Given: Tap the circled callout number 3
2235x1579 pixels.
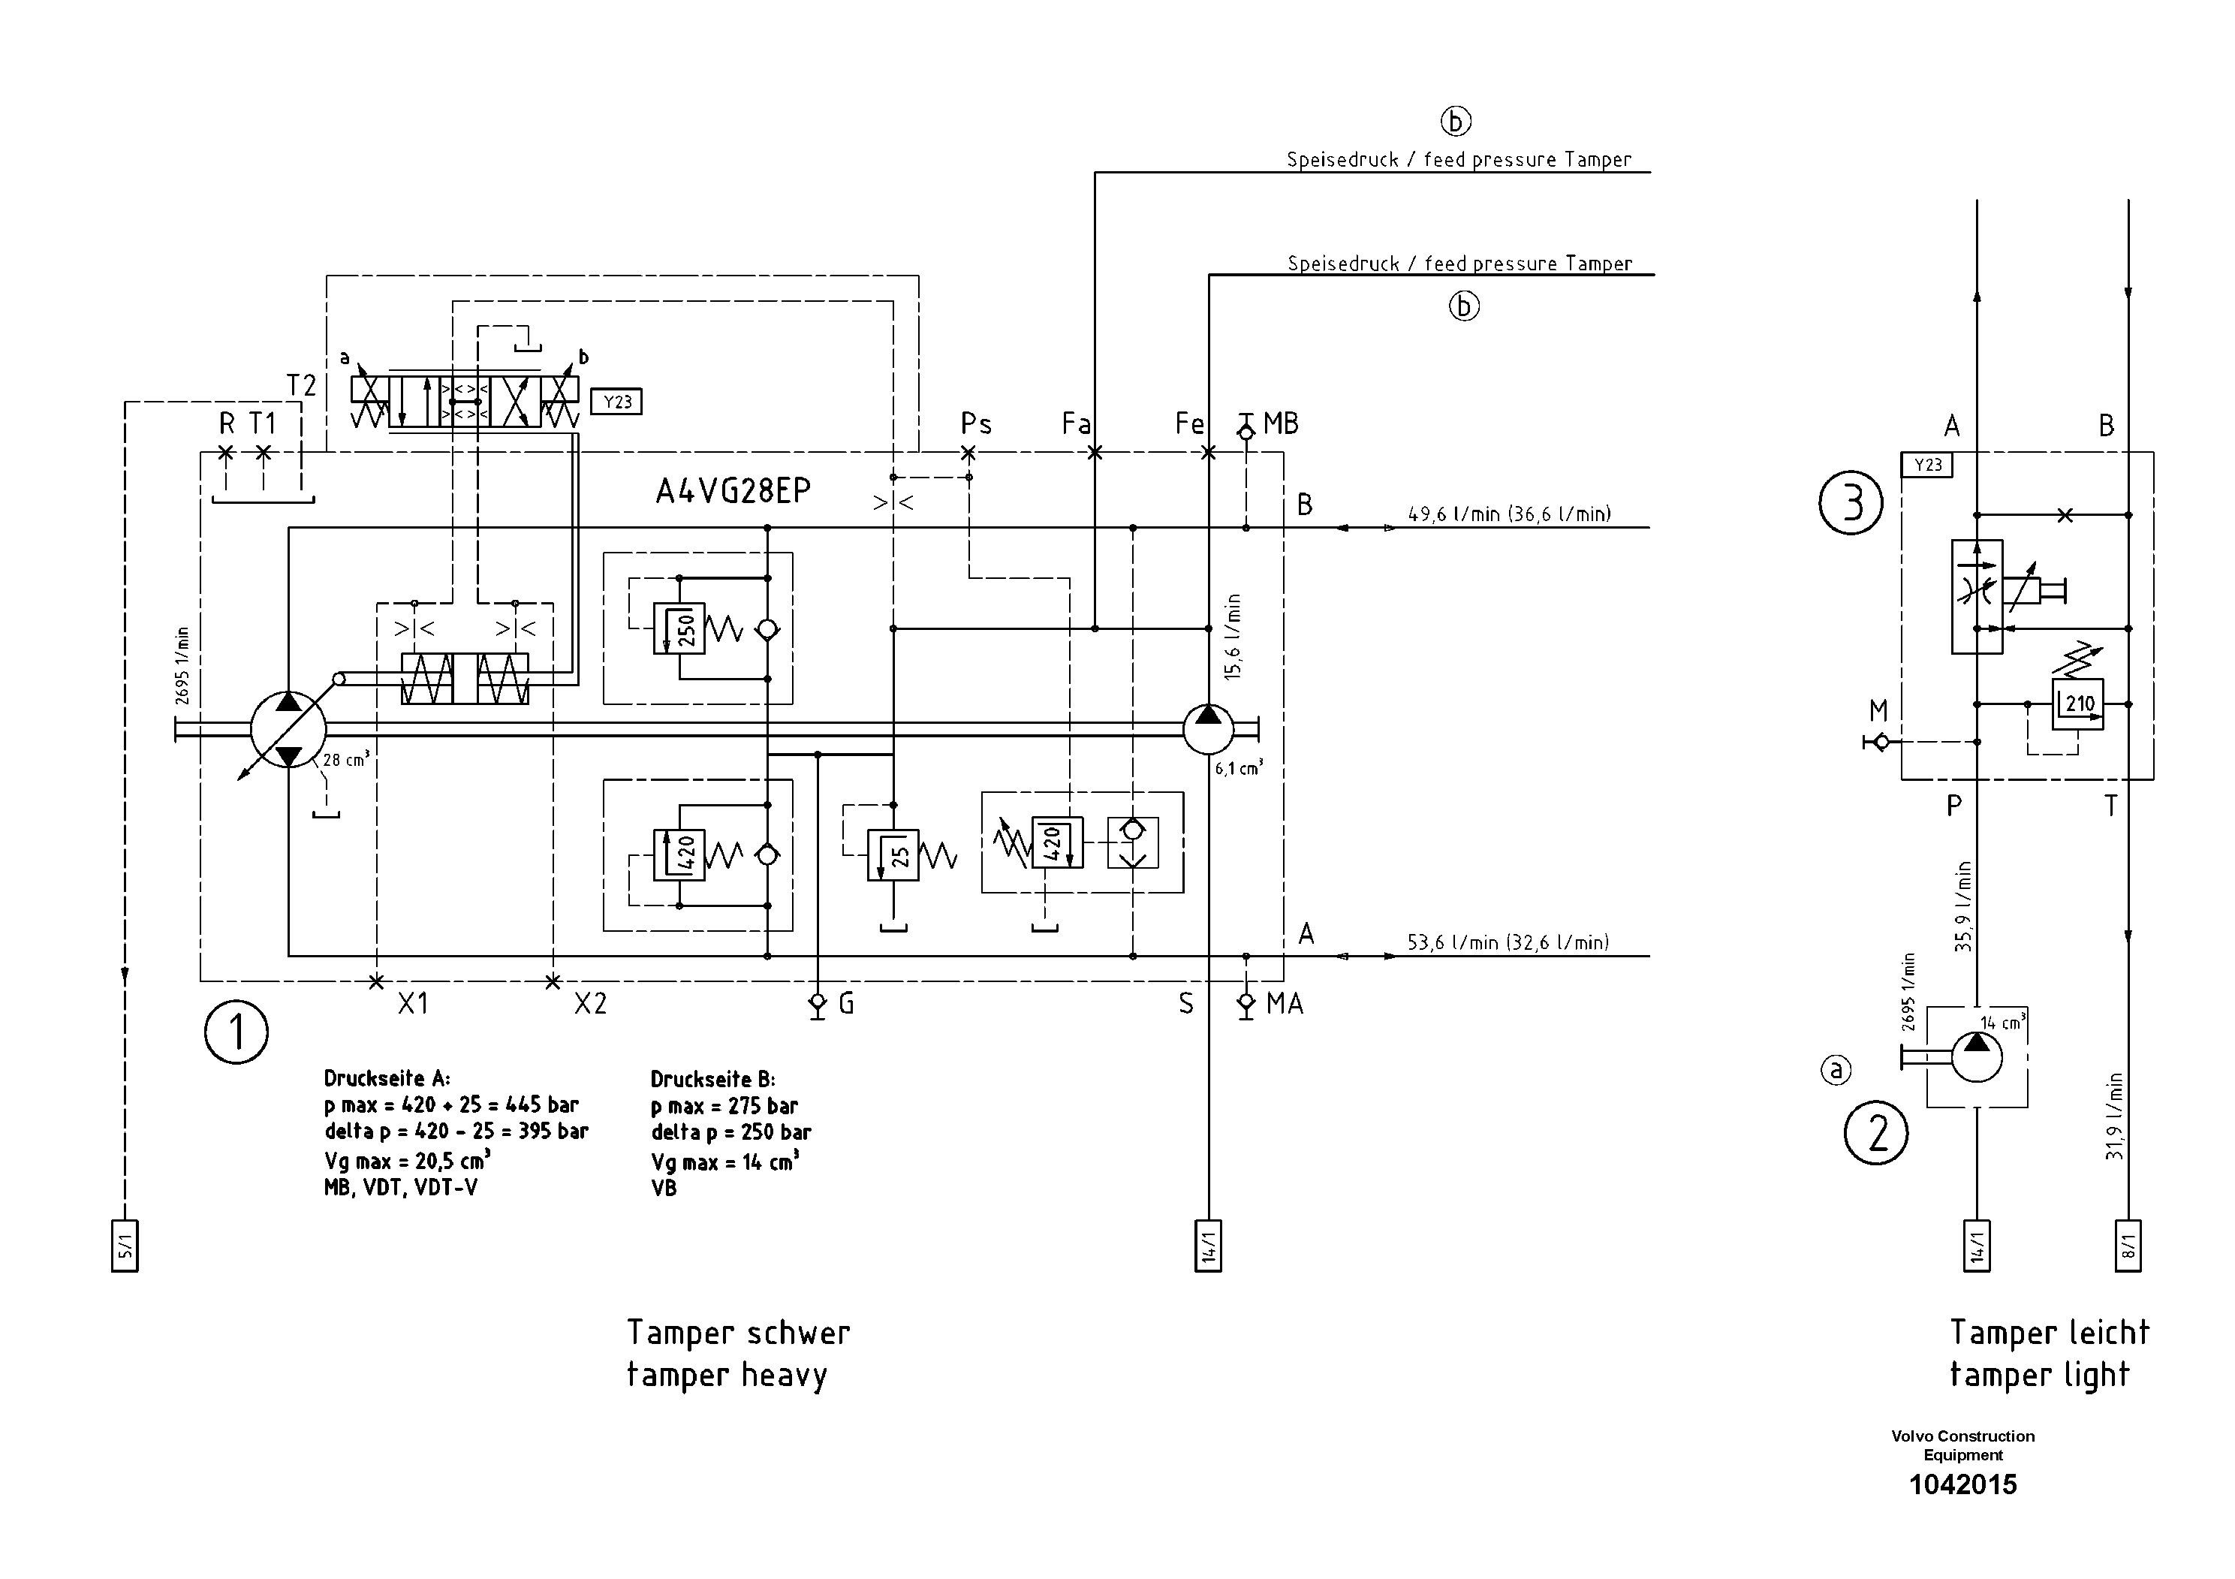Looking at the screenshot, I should (1851, 503).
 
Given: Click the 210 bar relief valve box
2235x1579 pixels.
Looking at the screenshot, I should (2077, 704).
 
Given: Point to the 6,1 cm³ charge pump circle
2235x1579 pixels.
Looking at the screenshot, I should (1208, 729).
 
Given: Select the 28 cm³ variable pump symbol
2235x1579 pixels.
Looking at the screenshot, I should (288, 729).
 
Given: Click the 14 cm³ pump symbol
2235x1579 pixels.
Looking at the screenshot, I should (1976, 1057).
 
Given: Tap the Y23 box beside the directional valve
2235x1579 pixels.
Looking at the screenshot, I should (616, 402).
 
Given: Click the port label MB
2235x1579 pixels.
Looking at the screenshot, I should (1281, 423).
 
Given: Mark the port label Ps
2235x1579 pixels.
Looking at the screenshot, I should (975, 424).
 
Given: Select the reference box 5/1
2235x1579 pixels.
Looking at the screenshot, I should (125, 1246).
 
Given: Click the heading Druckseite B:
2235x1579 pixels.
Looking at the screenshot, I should (712, 1080).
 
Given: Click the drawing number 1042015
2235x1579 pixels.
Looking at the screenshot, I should (1962, 1484).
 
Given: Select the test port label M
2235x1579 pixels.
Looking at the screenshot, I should (1878, 710).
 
